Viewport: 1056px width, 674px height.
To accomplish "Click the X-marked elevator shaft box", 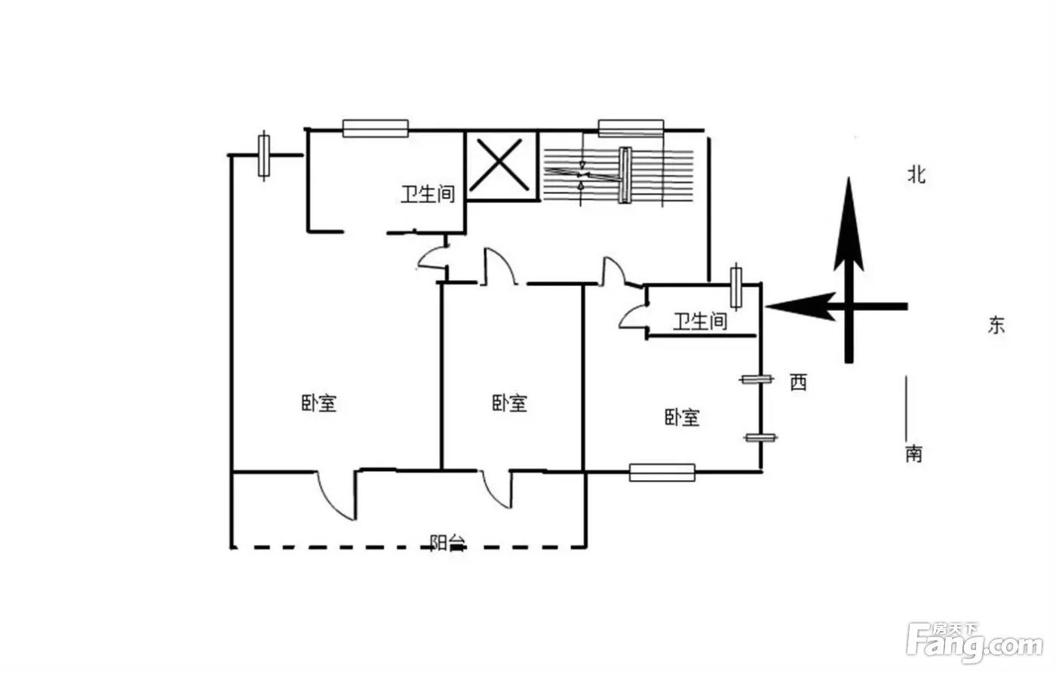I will click(x=502, y=165).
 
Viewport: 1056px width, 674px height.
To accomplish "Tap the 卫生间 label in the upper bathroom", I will click(x=428, y=194).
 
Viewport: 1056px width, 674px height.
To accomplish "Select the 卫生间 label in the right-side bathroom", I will click(x=700, y=322).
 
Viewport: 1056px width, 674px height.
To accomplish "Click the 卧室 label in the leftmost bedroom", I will click(x=318, y=403).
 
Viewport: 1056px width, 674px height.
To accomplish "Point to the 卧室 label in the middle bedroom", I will click(x=509, y=403).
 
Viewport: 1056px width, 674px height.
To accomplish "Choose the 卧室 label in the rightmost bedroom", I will click(x=682, y=417).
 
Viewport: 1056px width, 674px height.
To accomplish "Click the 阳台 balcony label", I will click(x=447, y=543).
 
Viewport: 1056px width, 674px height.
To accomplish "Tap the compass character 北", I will click(x=916, y=175).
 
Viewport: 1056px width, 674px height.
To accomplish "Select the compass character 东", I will click(x=996, y=325).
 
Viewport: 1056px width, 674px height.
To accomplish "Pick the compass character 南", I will click(x=913, y=453).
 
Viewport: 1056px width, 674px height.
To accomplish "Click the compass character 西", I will click(x=798, y=382).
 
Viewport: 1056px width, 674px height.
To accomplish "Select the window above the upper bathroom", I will click(x=376, y=128).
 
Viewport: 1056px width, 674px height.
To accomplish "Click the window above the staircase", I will click(x=631, y=128).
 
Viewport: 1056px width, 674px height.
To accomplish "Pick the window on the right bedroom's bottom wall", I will click(x=662, y=472).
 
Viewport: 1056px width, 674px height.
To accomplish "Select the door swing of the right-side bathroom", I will click(x=633, y=315).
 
